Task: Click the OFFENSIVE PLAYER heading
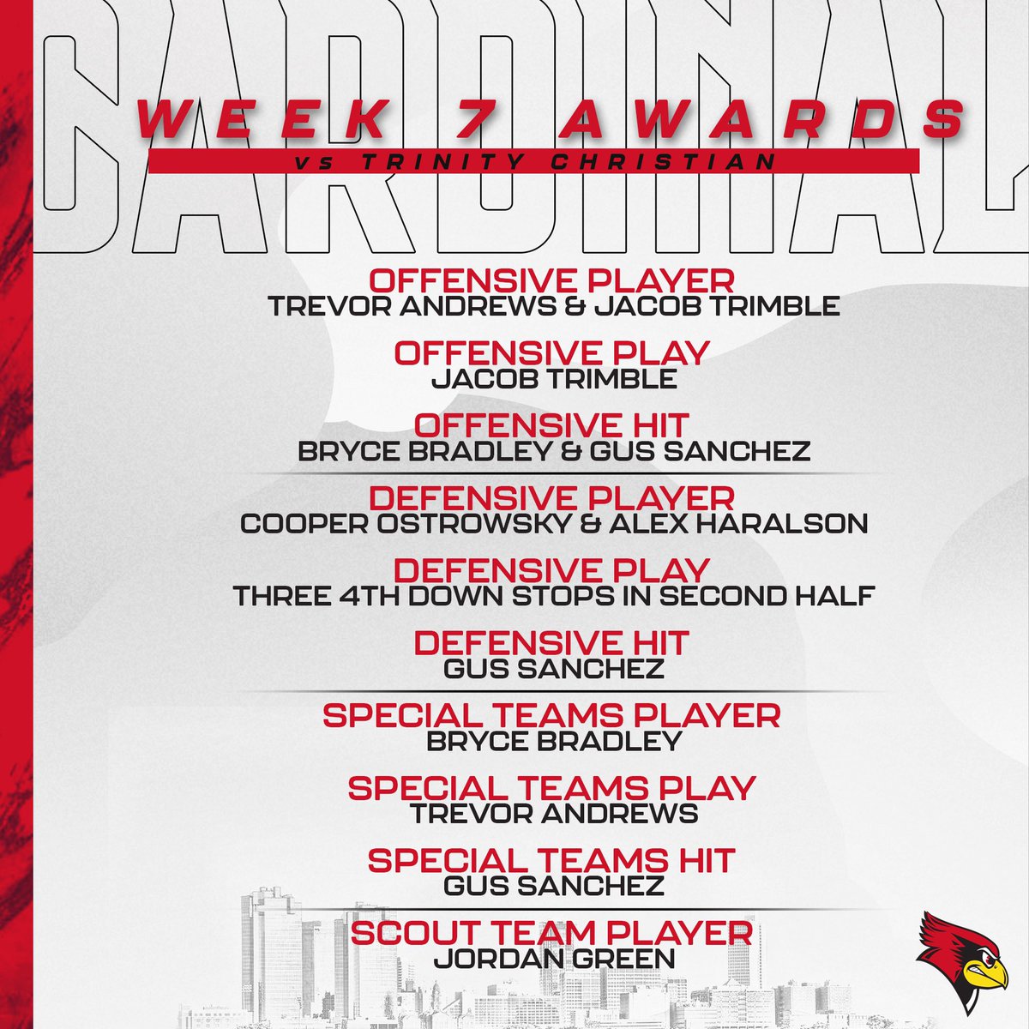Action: (551, 280)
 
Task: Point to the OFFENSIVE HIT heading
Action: (553, 425)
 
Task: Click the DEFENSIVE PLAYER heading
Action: (551, 497)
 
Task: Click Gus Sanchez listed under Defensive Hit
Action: (553, 668)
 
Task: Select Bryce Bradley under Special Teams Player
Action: (553, 741)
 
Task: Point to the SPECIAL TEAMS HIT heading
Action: (551, 860)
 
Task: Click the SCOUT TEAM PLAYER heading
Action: (552, 933)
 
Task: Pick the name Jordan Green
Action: (553, 958)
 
